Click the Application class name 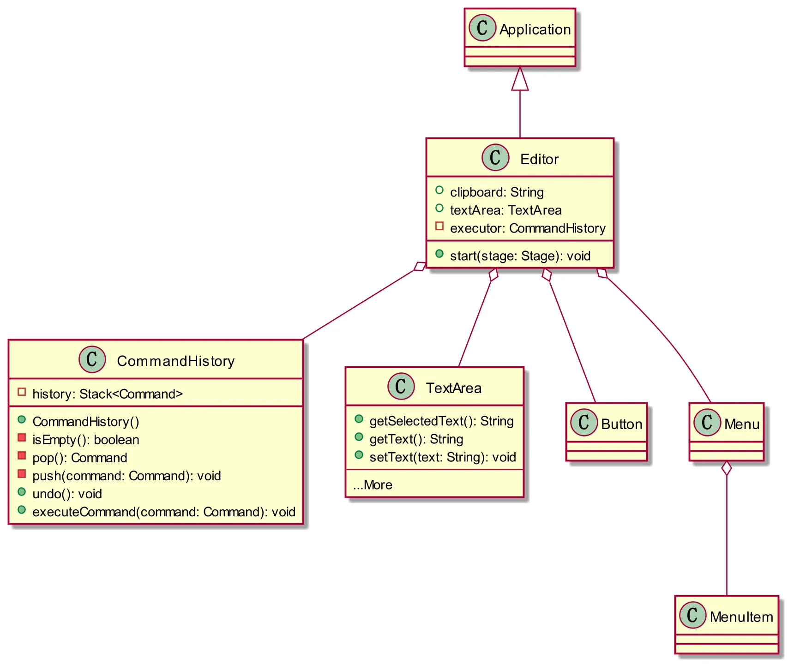(535, 30)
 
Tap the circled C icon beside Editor (495, 157)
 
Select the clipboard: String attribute (497, 192)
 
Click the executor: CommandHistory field (528, 228)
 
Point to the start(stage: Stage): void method (520, 256)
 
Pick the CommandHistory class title (175, 361)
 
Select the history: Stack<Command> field (108, 394)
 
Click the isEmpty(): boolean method (86, 440)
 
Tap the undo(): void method (67, 494)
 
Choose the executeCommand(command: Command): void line (164, 512)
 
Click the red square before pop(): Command (22, 456)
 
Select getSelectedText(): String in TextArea (441, 421)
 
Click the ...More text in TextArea (373, 485)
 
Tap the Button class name (621, 424)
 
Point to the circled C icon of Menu (707, 422)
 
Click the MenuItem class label (741, 617)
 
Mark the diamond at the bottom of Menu (727, 468)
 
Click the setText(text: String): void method (443, 457)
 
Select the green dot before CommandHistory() (22, 420)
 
